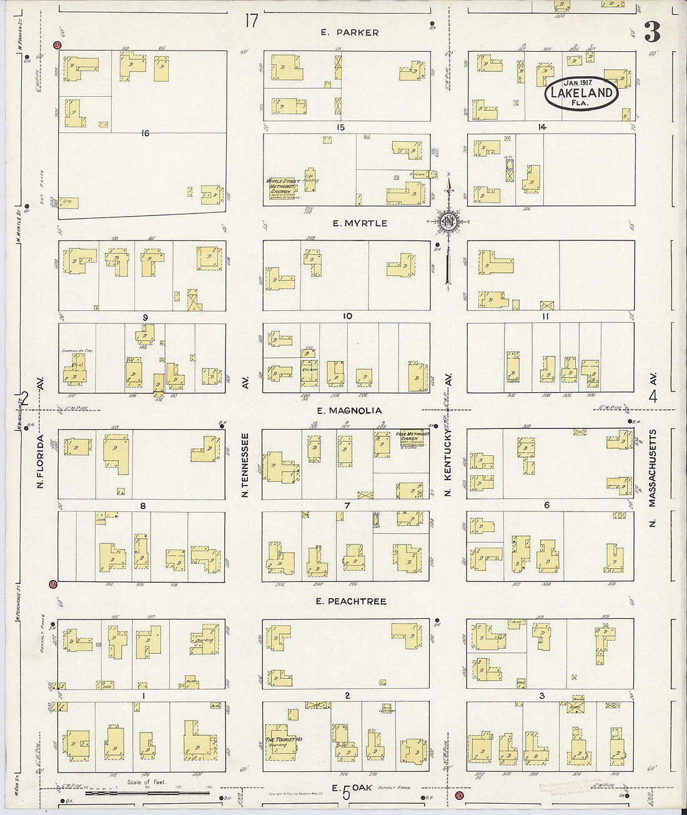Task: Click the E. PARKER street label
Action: click(350, 32)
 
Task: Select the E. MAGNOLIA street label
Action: click(349, 410)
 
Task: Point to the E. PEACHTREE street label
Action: click(350, 601)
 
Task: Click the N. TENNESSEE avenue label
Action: click(245, 465)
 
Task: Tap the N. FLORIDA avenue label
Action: click(40, 461)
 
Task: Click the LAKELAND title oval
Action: click(581, 93)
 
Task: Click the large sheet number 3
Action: click(652, 31)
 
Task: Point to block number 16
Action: click(145, 133)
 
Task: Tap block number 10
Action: click(347, 316)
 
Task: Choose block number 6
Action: click(546, 505)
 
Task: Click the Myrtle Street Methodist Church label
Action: click(284, 189)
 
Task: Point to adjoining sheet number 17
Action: click(251, 21)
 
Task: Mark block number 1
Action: click(144, 695)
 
